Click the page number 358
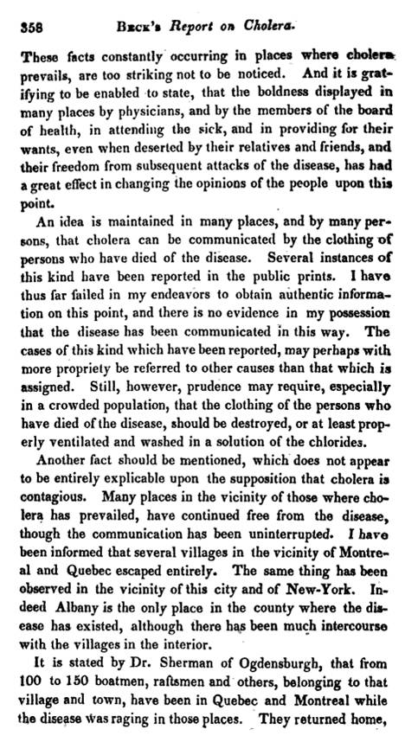tap(30, 26)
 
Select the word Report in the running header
tap(198, 25)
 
